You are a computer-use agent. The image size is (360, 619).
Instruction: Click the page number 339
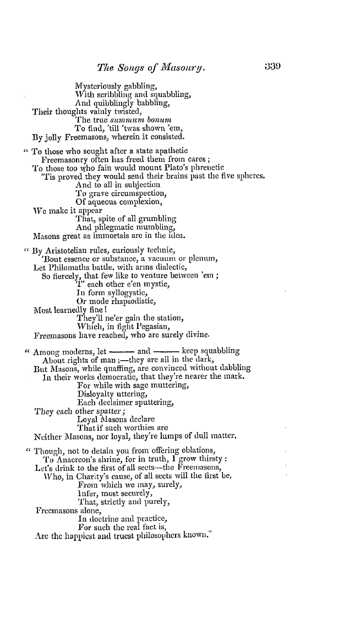[x=272, y=68]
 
